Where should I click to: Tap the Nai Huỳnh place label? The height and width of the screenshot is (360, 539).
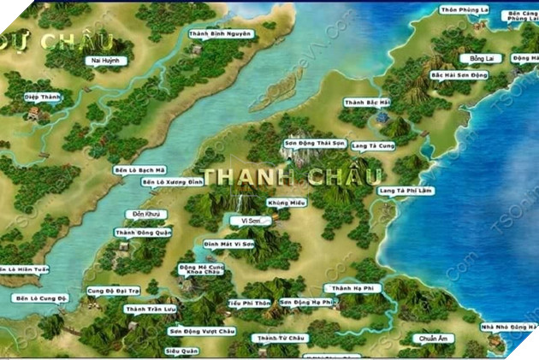pyautogui.click(x=104, y=61)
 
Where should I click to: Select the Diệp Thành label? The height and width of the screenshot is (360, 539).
pyautogui.click(x=43, y=97)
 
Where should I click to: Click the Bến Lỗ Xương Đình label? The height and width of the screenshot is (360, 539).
pyautogui.click(x=172, y=182)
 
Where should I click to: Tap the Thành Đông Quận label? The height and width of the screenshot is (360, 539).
pyautogui.click(x=143, y=232)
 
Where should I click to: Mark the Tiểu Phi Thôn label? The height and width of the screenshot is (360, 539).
pyautogui.click(x=250, y=304)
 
